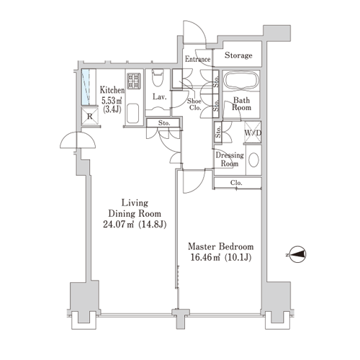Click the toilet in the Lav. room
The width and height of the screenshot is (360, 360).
(x=158, y=77)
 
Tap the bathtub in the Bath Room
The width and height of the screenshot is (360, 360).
(x=241, y=81)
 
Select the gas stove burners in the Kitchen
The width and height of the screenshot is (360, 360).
(x=134, y=81)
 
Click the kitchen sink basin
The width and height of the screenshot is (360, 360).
(x=132, y=113)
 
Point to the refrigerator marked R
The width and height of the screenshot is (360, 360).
(x=90, y=117)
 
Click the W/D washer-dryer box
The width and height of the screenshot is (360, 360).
(x=253, y=132)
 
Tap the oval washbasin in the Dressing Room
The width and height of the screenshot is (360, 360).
(x=253, y=160)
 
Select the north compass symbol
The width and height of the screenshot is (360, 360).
(x=297, y=254)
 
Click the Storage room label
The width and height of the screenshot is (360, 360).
(x=238, y=55)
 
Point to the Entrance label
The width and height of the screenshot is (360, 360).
(x=197, y=59)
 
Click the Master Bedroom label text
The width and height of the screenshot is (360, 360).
(x=220, y=246)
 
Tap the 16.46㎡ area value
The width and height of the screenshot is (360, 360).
(x=205, y=257)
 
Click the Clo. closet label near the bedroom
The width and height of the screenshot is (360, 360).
(x=236, y=183)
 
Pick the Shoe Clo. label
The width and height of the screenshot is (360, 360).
(x=194, y=104)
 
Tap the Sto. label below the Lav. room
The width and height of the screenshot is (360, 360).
(x=164, y=123)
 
